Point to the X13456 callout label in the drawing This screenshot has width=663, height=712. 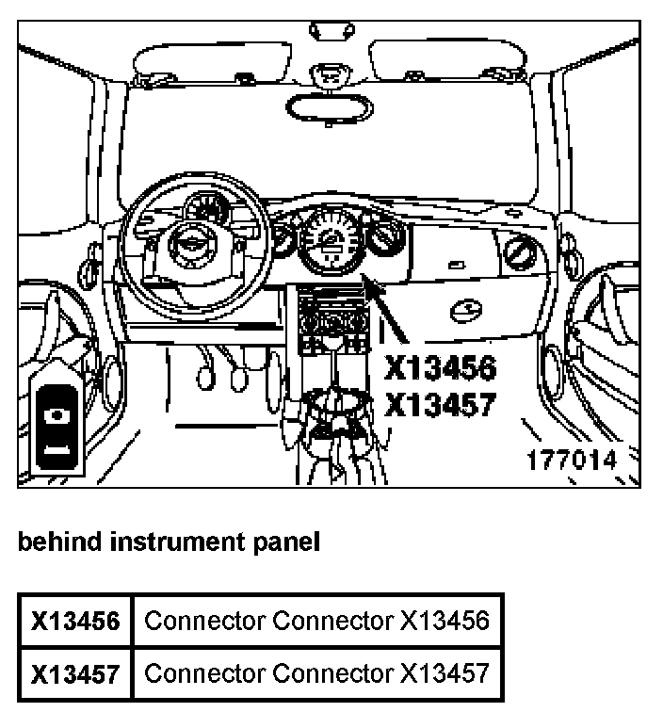[x=439, y=367]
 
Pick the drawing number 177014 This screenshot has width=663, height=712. [x=572, y=460]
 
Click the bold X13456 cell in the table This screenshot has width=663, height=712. [x=75, y=621]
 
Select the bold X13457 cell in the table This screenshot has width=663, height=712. [x=75, y=674]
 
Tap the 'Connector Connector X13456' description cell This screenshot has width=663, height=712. [x=317, y=621]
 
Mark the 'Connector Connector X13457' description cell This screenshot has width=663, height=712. [x=317, y=674]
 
